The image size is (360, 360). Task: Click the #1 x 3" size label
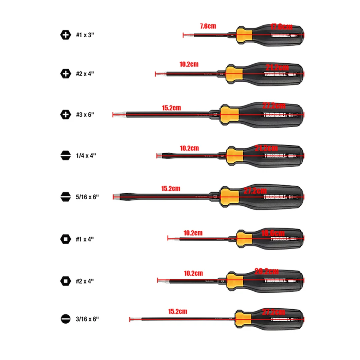pos(85,35)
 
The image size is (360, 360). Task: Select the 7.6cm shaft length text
pos(208,26)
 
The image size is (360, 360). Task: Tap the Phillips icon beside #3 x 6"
pos(65,115)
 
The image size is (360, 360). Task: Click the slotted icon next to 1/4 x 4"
pos(65,156)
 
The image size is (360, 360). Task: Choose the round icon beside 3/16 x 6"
pos(65,319)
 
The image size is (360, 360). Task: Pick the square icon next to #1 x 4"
pos(65,239)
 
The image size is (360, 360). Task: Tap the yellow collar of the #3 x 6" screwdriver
pos(230,115)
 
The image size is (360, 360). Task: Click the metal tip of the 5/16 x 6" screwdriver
pos(116,196)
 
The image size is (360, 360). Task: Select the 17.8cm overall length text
pos(281,27)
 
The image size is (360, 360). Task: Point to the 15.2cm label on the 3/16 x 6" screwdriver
pos(178,311)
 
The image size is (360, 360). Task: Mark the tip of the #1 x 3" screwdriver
pos(184,36)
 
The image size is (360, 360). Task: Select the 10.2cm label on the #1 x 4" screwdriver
pos(193,232)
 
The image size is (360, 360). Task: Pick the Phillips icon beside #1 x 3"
pos(65,35)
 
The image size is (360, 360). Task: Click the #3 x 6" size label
pos(85,115)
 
